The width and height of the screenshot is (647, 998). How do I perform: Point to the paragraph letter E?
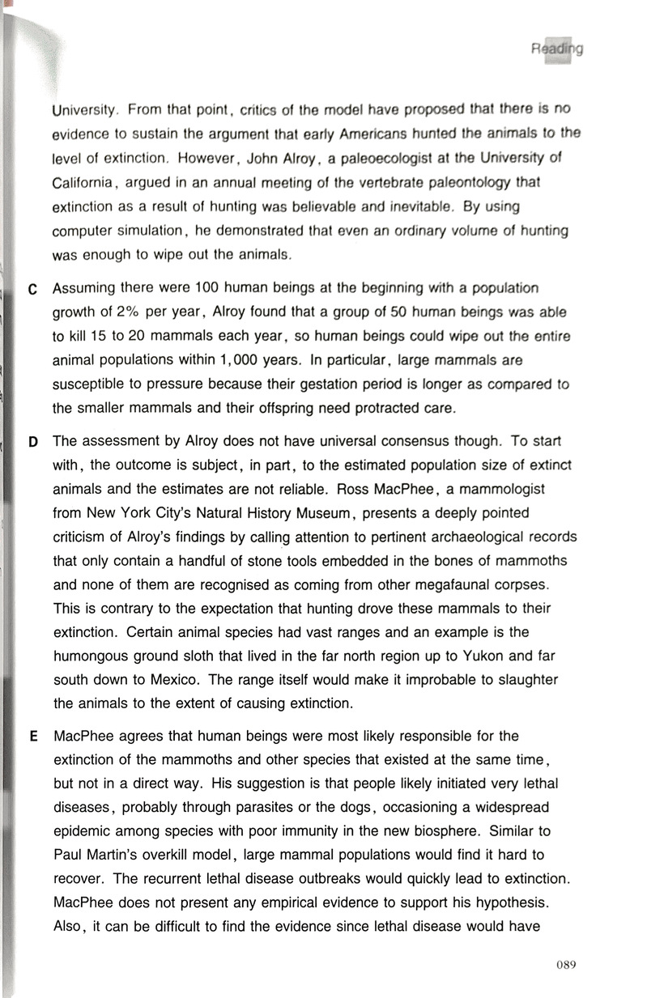[33, 737]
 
